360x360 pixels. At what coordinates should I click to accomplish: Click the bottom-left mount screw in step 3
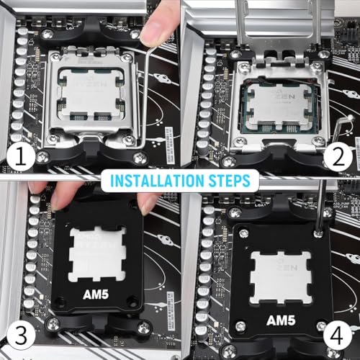(53, 324)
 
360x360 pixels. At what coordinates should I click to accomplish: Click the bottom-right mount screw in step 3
(144, 328)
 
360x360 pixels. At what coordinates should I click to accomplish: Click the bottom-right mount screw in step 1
(140, 156)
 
